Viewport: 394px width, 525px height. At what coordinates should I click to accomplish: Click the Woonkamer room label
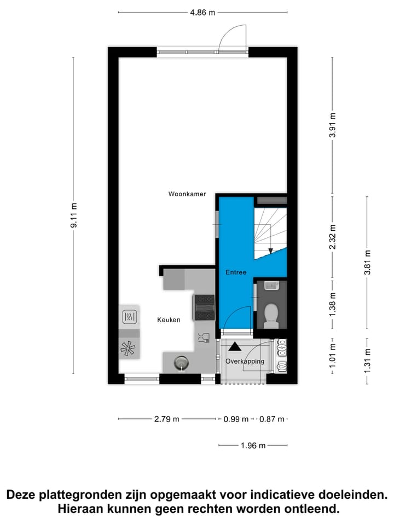(x=187, y=194)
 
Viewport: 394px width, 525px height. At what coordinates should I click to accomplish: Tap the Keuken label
(x=169, y=320)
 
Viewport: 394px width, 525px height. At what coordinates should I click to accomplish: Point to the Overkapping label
(x=245, y=361)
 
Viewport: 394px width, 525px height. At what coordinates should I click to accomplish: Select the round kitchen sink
(x=181, y=361)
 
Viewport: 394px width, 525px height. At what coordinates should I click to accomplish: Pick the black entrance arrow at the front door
(x=234, y=346)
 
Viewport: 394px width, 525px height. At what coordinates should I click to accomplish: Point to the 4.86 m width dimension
(x=202, y=13)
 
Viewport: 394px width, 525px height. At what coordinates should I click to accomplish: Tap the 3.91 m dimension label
(x=333, y=126)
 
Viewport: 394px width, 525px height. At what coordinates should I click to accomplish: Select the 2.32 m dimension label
(x=333, y=237)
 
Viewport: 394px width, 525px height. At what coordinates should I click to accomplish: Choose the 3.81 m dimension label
(x=367, y=263)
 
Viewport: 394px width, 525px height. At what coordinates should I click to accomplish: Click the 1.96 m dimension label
(x=253, y=446)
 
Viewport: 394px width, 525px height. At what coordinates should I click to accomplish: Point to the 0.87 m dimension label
(x=272, y=419)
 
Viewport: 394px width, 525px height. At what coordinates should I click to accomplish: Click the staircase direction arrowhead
(x=271, y=251)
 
